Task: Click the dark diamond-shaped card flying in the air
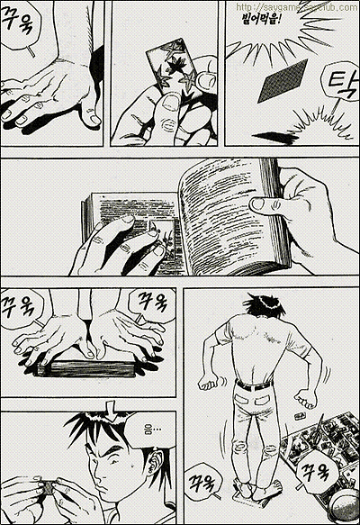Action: (x=280, y=83)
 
